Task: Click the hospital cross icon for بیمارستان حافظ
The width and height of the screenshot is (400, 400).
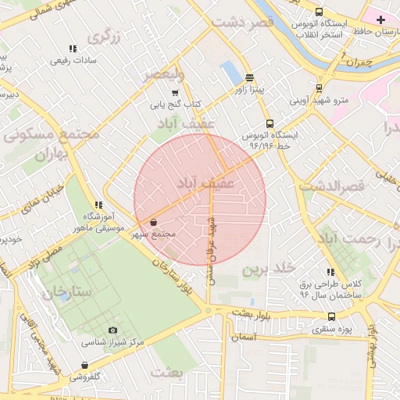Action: [380, 19]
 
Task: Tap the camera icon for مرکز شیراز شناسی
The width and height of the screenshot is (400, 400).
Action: [113, 330]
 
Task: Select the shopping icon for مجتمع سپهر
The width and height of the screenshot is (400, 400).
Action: [153, 223]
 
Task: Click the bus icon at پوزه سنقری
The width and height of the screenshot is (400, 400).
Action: [332, 316]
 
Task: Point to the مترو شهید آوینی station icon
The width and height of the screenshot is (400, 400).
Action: [318, 88]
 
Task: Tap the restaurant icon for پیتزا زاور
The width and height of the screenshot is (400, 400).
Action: [249, 77]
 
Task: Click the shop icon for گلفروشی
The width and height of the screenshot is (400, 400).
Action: [84, 365]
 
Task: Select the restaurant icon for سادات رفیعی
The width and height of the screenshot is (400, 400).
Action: [73, 48]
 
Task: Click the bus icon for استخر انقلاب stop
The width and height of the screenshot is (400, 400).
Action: [319, 12]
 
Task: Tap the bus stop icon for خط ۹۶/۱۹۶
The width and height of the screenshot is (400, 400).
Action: [270, 123]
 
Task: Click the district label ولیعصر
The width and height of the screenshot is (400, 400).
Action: [163, 75]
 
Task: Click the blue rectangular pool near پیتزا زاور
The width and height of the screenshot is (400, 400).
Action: [231, 73]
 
